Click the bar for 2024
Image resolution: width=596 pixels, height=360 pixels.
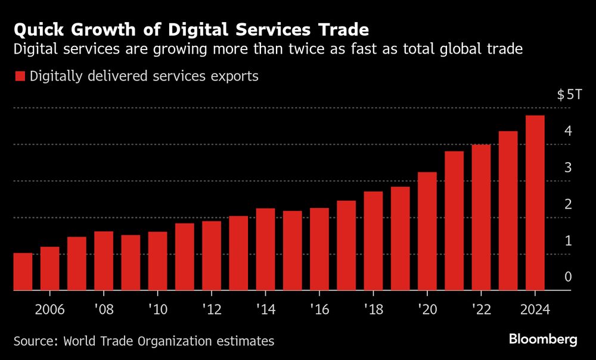535,203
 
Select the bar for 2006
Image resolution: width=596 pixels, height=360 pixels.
49,269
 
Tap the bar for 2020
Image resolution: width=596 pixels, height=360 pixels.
427,231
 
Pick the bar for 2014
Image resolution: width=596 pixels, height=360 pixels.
265,249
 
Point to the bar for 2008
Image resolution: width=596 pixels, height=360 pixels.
104,261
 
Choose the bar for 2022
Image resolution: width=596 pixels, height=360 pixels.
481,218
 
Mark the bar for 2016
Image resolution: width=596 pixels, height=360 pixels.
319,249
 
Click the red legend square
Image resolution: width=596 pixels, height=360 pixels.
20,76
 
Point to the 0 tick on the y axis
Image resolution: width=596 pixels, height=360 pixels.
568,277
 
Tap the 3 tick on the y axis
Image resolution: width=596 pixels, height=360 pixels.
568,167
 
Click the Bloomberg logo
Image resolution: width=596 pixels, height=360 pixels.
543,340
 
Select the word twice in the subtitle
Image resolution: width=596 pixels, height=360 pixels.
349,49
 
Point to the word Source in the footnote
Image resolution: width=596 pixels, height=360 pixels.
35,341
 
